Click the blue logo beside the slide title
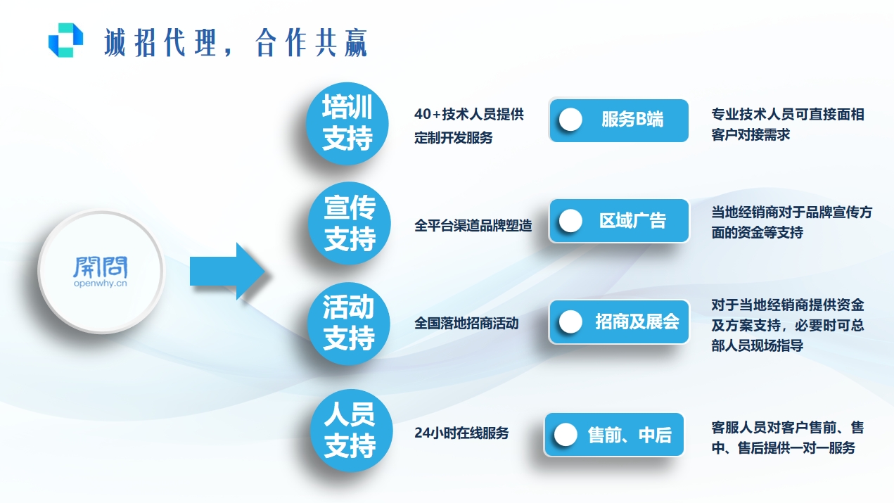pos(65,39)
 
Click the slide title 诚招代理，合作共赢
pos(236,43)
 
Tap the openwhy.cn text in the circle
pos(101,285)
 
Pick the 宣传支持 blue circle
pos(350,223)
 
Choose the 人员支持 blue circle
pos(349,429)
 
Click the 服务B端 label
pos(632,120)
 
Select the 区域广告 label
pos(632,221)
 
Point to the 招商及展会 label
pos(637,322)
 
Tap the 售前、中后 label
pos(630,435)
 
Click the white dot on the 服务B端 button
pos(570,120)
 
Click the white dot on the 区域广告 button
pos(570,221)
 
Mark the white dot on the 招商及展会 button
pos(570,322)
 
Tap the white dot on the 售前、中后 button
pos(566,435)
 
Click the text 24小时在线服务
pos(461,433)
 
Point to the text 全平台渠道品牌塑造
pos(473,226)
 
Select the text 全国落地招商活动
pos(466,324)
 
